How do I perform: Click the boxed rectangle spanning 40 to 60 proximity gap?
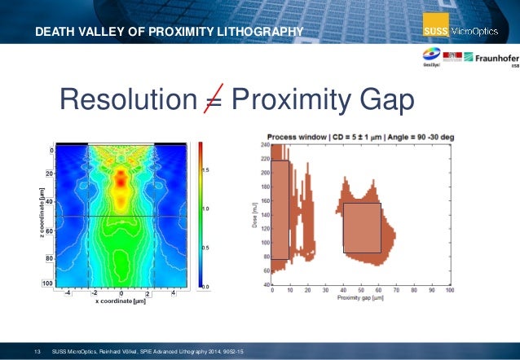pos(361,227)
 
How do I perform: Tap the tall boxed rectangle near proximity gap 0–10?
pos(280,209)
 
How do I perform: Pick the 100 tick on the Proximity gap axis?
pos(449,291)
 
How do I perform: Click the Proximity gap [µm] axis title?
pos(359,299)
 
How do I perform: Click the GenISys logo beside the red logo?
pos(426,57)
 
